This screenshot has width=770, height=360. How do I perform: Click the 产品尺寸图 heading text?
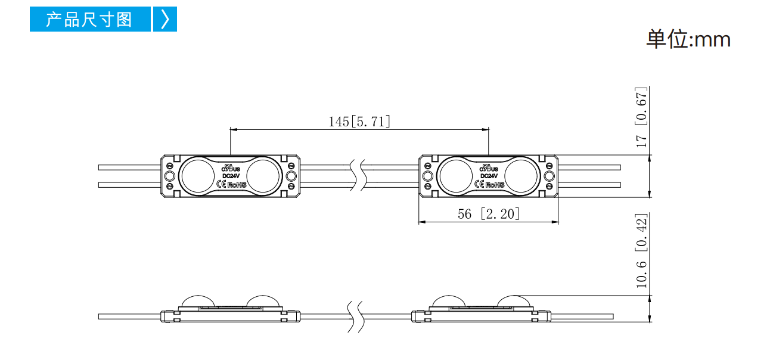click(89, 19)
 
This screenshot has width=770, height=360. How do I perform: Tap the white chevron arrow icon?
click(165, 19)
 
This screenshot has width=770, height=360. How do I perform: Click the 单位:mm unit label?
click(688, 39)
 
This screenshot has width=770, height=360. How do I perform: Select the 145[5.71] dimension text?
click(359, 122)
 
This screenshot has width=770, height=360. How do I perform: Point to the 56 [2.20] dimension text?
click(489, 214)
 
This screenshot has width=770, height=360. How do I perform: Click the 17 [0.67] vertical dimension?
click(641, 117)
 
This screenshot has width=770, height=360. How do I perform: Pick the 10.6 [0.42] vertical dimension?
click(641, 251)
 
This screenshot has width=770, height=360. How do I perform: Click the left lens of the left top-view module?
click(198, 176)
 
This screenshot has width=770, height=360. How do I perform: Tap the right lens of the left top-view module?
click(263, 176)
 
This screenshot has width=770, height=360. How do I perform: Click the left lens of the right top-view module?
click(456, 176)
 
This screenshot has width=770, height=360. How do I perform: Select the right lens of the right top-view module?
click(521, 176)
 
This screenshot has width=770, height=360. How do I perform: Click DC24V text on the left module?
click(231, 176)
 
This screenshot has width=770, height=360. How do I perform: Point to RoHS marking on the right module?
click(495, 185)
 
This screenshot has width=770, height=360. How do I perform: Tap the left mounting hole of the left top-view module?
click(170, 176)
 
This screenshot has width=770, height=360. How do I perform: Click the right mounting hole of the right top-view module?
click(549, 176)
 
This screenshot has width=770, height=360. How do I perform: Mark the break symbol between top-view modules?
click(359, 175)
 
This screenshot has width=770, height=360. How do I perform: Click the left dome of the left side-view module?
click(198, 301)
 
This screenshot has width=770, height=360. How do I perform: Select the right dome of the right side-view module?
click(514, 301)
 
